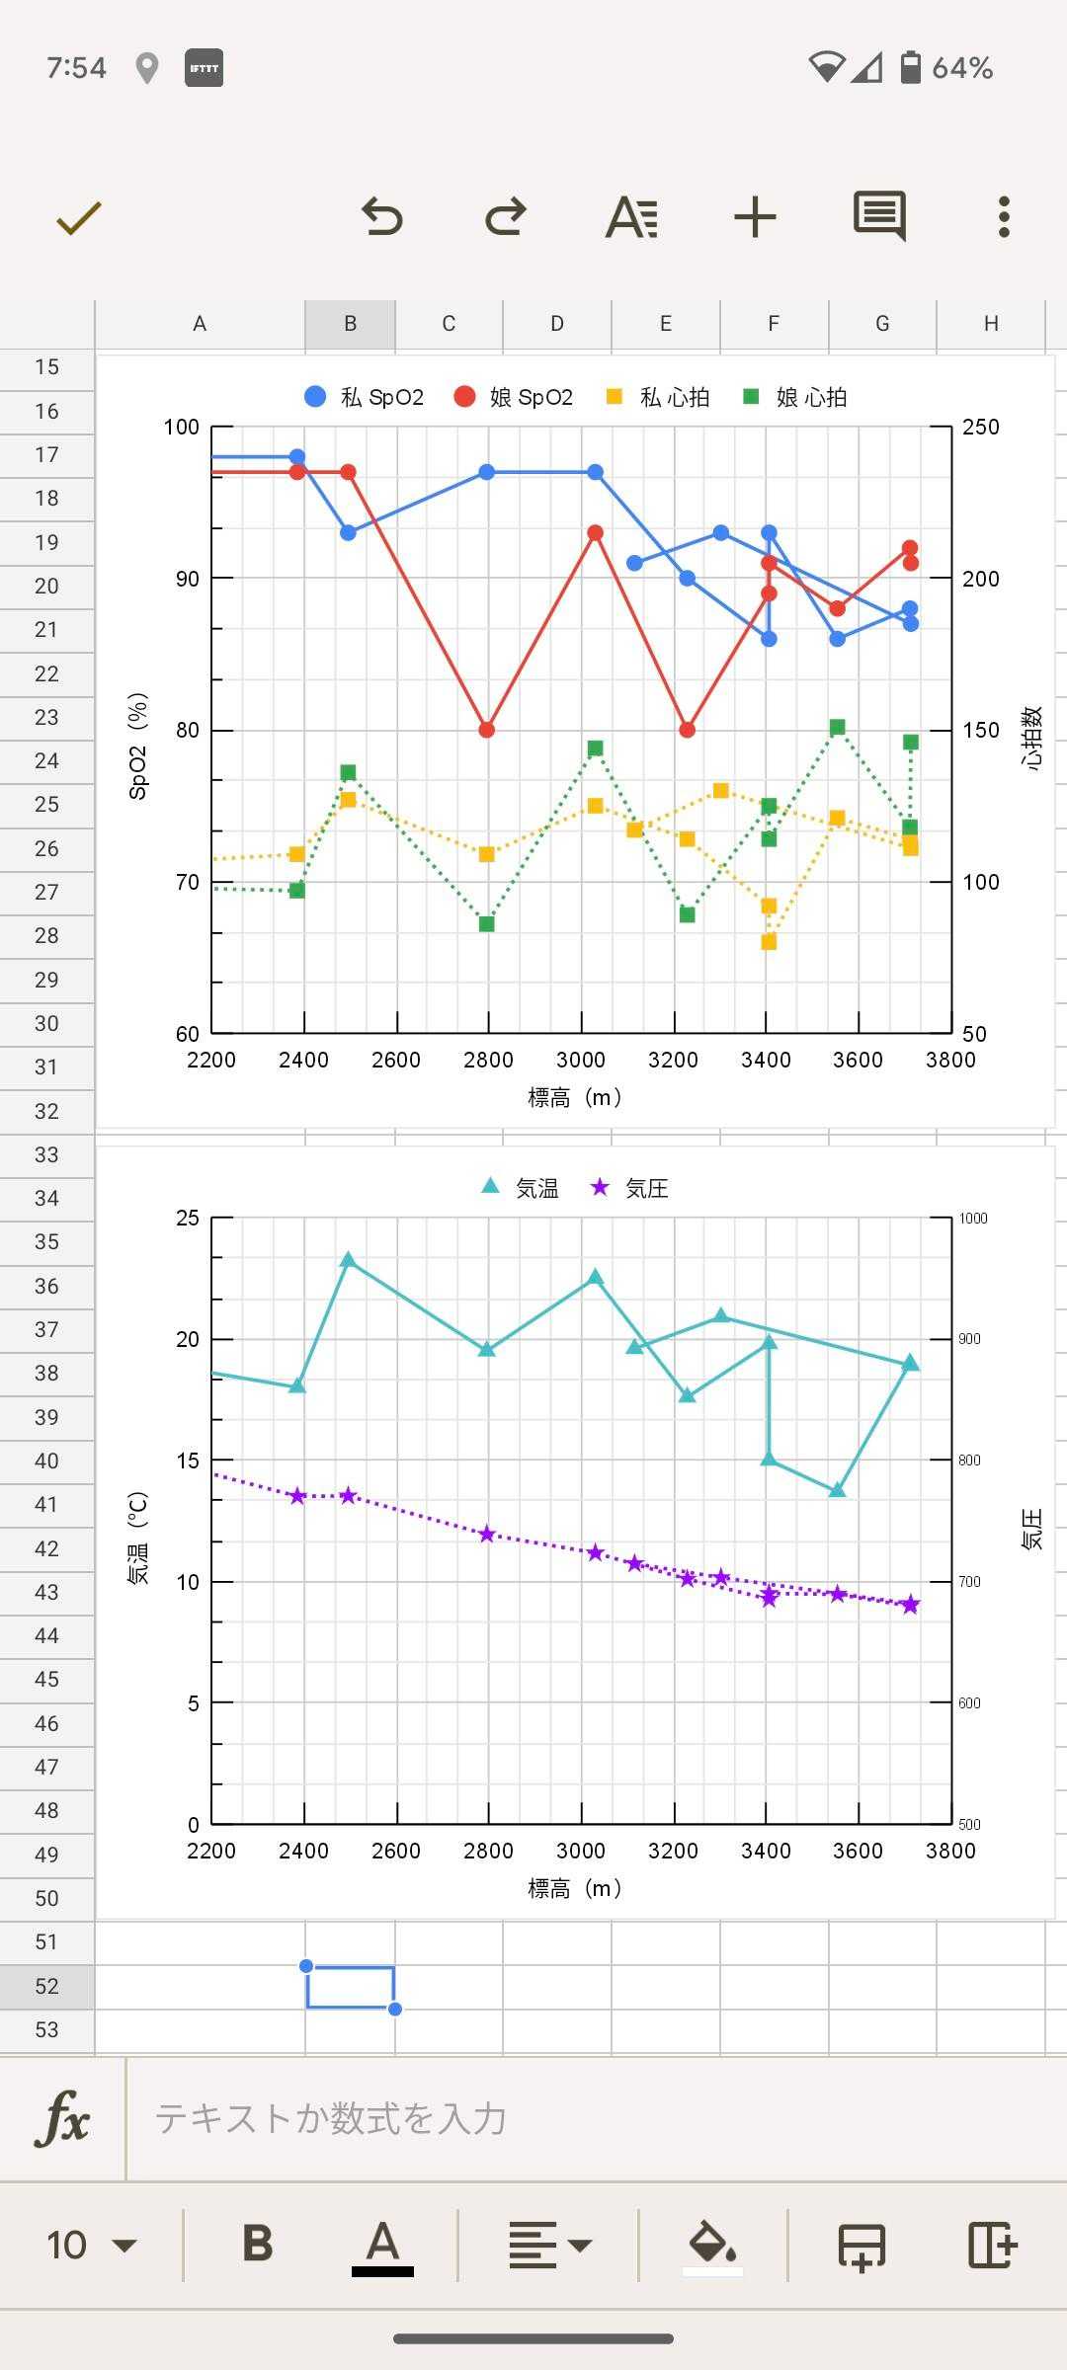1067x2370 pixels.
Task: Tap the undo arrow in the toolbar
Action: (x=382, y=216)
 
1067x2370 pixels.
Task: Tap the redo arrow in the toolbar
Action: (x=506, y=216)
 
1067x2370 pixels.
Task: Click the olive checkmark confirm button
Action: (x=79, y=217)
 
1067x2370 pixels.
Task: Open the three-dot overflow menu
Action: (x=1004, y=216)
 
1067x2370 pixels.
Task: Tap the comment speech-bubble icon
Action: (x=879, y=215)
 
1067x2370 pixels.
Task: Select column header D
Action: (x=557, y=324)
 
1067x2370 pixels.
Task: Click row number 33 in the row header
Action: (x=46, y=1154)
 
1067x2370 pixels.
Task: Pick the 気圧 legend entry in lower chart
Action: (x=629, y=1188)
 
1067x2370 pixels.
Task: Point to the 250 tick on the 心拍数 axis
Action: (x=980, y=427)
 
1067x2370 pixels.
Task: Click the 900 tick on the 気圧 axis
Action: (x=969, y=1339)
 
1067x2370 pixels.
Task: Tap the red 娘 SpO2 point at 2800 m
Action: (x=486, y=730)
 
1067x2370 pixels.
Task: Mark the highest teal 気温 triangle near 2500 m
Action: (x=348, y=1260)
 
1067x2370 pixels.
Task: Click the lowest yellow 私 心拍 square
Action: (x=769, y=942)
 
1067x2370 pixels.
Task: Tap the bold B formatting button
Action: (x=258, y=2245)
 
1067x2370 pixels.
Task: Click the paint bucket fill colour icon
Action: (x=712, y=2245)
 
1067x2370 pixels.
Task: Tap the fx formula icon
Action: (x=62, y=2119)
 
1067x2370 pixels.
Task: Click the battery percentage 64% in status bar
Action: (x=961, y=68)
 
